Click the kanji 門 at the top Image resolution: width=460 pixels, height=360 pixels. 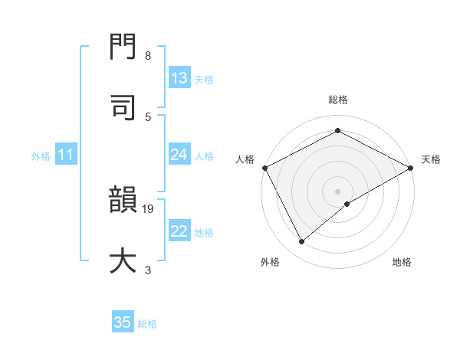(x=124, y=50)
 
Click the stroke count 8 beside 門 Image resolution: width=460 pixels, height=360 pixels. (x=148, y=56)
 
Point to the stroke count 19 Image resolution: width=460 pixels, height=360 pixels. (x=149, y=208)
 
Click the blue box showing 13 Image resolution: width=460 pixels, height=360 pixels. (x=179, y=78)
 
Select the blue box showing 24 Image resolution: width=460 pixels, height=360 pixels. (x=179, y=155)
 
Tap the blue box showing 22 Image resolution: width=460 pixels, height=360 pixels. (x=179, y=232)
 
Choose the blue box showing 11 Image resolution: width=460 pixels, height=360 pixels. (x=66, y=155)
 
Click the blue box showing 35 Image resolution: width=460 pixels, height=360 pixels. (x=123, y=322)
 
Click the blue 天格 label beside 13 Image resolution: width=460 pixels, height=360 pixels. (x=204, y=79)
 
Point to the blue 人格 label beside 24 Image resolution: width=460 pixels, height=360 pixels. (x=204, y=156)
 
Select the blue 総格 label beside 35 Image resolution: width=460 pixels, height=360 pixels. (x=147, y=323)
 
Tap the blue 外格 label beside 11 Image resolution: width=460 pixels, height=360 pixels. (x=41, y=156)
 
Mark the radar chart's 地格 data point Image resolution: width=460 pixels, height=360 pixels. (x=347, y=204)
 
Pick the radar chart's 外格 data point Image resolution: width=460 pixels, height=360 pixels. (x=302, y=241)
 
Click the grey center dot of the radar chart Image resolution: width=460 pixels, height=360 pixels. (x=338, y=191)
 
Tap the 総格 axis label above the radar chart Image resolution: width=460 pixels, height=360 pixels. (x=338, y=100)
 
